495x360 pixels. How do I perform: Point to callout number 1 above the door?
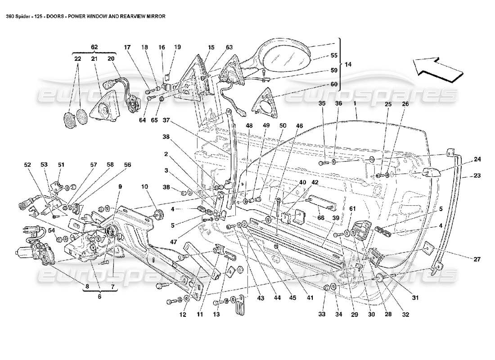tap(355, 104)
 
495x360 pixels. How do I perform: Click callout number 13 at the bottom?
tap(216, 315)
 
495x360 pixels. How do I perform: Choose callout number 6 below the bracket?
tap(99, 297)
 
